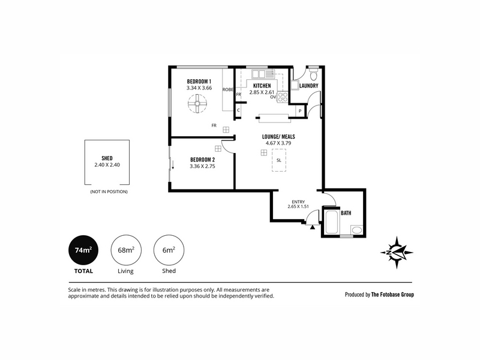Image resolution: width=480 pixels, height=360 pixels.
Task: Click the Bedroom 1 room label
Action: pos(199,82)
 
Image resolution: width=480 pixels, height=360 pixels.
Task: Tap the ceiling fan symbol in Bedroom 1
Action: pos(197,103)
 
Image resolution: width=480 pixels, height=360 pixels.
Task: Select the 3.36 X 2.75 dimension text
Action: pos(202,166)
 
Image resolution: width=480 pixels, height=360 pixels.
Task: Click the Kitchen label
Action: pos(262,86)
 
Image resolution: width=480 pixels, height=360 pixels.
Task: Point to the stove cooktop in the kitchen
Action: pos(283,97)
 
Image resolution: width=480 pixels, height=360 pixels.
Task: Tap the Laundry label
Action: pos(308,86)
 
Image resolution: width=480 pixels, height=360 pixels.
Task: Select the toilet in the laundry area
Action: pos(313,74)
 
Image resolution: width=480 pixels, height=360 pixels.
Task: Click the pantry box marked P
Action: pos(301,111)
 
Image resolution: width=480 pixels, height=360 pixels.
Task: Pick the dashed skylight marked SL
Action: pos(279,160)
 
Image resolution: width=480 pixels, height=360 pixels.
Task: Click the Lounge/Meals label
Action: pos(278,137)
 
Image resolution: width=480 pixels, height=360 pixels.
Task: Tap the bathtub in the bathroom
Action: pos(332,222)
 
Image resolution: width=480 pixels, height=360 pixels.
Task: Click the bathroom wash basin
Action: pos(356,230)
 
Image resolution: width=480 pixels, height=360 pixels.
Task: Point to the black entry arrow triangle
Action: pos(312,227)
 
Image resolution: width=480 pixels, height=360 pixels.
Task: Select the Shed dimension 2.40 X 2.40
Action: pos(107,164)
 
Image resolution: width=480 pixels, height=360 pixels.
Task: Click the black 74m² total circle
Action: pos(83,250)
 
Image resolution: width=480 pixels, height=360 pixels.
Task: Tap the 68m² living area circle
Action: pos(126,250)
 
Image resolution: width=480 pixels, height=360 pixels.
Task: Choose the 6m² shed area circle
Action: pos(169,250)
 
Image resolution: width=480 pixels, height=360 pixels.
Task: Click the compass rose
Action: pos(397,253)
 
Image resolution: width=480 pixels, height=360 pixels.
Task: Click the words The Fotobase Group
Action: pos(392,295)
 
